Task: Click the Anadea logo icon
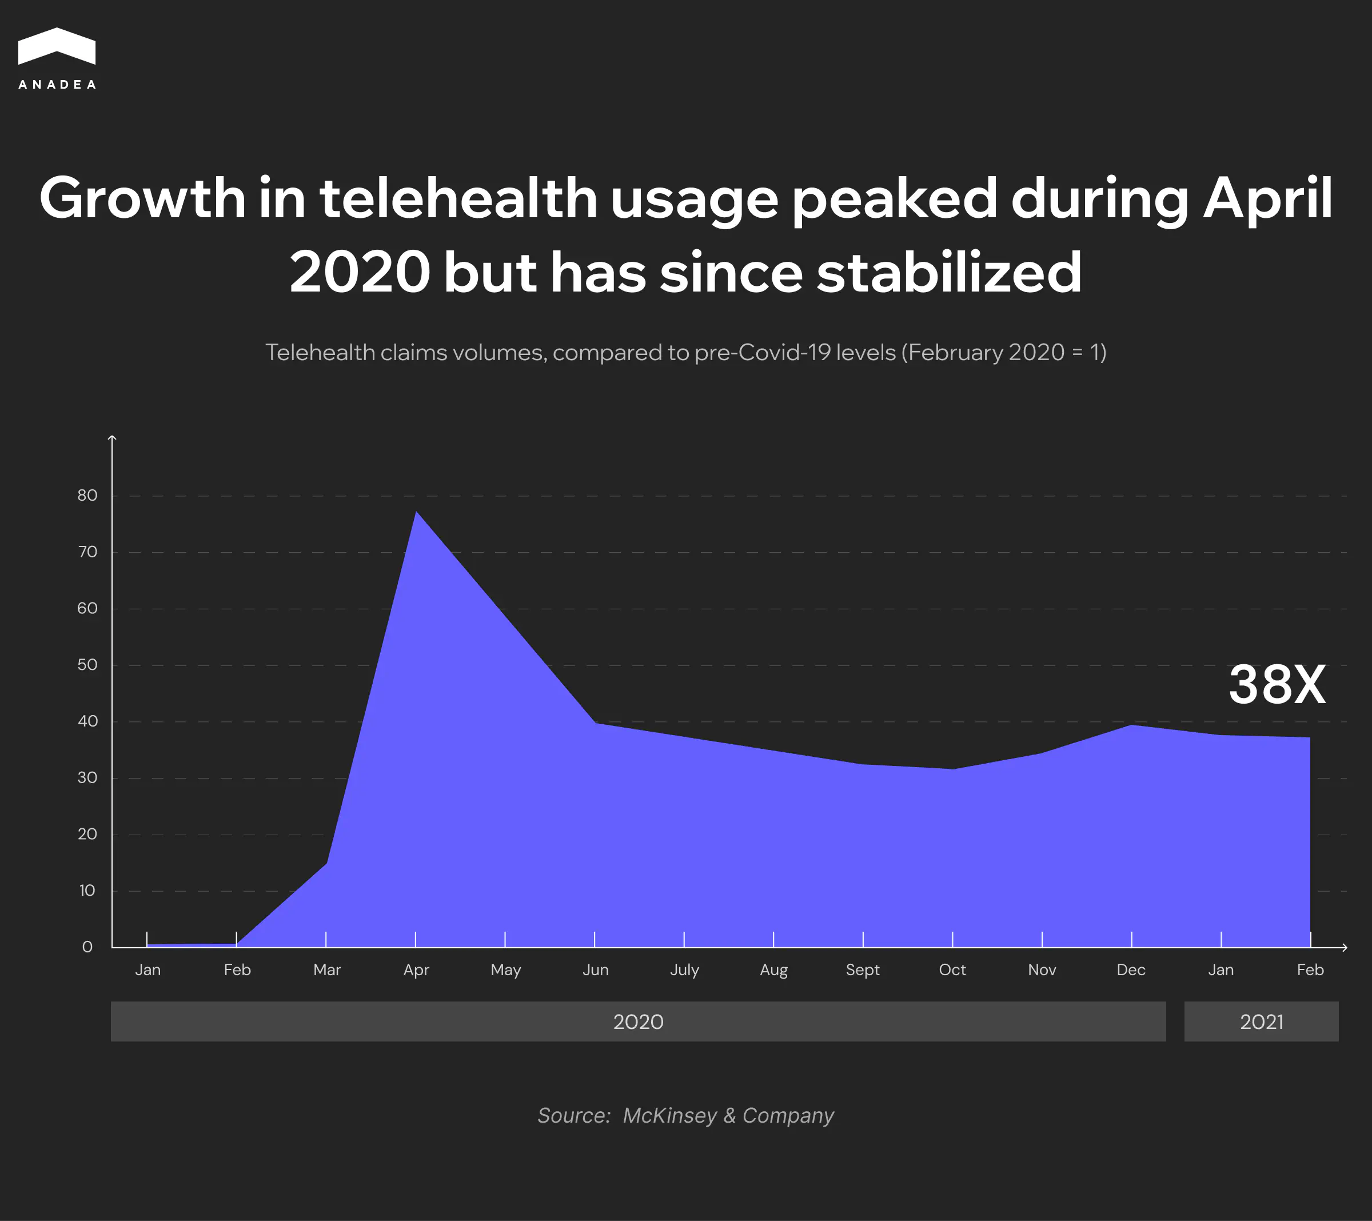(57, 46)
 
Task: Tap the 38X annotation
(1277, 685)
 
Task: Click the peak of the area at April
(416, 512)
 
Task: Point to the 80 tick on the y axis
(87, 496)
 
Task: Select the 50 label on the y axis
(87, 665)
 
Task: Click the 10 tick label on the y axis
(87, 891)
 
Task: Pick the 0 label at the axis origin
(87, 947)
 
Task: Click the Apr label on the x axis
(416, 970)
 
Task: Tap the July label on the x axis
(684, 970)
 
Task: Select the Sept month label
(863, 970)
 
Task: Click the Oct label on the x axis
(952, 970)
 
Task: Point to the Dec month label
(1131, 970)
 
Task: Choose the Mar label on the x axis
(327, 970)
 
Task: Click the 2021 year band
(1261, 1022)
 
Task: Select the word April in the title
(1267, 199)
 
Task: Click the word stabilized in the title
(948, 273)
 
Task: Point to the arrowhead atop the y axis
(112, 438)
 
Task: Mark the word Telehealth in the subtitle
(320, 352)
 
